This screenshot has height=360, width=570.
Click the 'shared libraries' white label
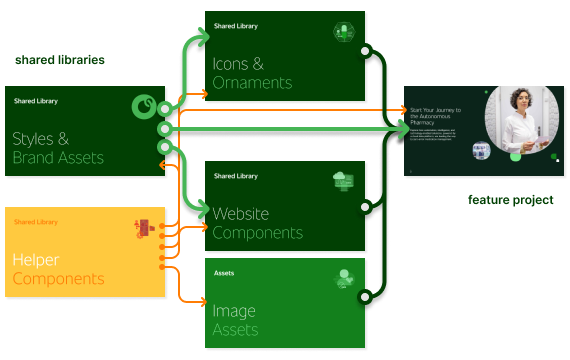(59, 60)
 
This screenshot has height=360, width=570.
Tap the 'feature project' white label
(510, 200)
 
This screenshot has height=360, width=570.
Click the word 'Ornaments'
(252, 83)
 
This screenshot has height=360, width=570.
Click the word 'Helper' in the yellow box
(36, 260)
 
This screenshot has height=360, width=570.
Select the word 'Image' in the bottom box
(234, 311)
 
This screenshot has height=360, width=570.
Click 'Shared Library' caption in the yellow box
(35, 222)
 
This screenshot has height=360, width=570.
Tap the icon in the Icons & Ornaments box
(343, 32)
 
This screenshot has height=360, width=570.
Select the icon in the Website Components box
(344, 181)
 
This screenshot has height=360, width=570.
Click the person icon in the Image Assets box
(344, 278)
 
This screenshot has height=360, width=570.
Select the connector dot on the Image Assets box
(366, 295)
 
